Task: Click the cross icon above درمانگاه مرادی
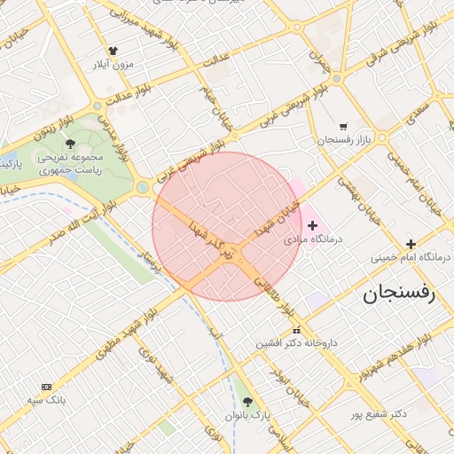312,226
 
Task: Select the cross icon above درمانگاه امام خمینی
410,244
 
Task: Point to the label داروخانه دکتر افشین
296,342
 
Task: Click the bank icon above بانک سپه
46,387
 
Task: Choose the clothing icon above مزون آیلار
113,51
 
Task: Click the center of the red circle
227,226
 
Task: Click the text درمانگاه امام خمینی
409,258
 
